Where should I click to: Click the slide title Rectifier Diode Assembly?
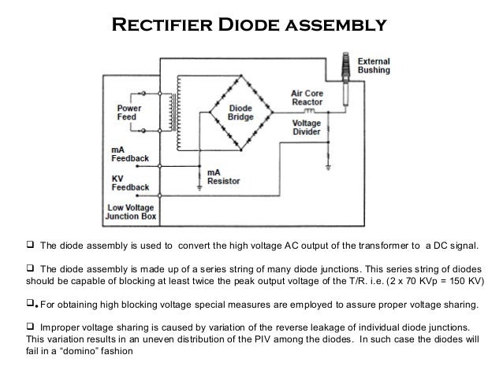tap(251, 24)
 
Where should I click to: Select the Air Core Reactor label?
tap(310, 97)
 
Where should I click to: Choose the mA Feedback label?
tap(129, 153)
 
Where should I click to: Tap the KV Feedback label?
tap(129, 183)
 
